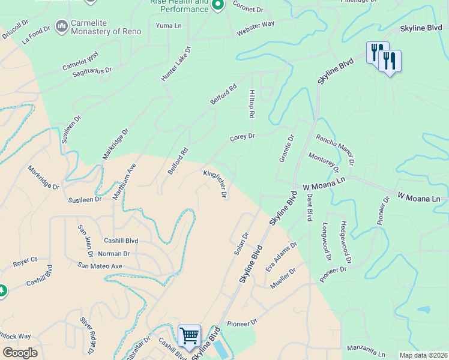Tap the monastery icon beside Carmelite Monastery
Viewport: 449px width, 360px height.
(61, 26)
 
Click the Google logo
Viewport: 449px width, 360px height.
(20, 353)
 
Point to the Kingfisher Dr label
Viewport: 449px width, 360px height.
(215, 184)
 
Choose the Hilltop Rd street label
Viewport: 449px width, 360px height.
(253, 104)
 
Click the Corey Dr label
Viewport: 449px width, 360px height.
(243, 137)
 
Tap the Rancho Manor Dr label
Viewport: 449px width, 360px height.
(336, 149)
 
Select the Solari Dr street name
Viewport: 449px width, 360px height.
(241, 244)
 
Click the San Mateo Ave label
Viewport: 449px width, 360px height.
(100, 266)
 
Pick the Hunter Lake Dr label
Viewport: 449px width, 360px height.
(175, 64)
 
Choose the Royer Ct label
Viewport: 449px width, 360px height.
(25, 262)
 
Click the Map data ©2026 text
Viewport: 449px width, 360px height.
(423, 355)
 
